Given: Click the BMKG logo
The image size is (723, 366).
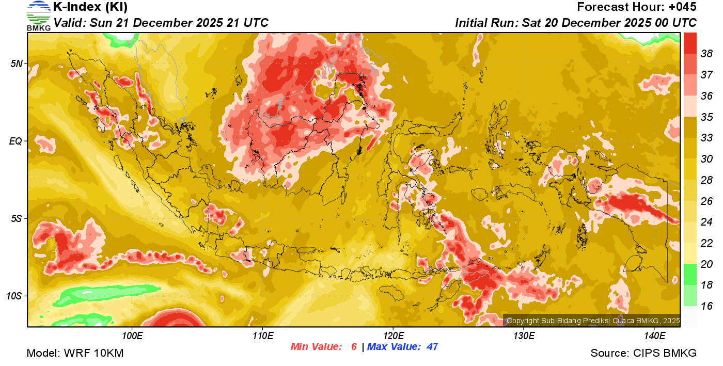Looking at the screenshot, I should click(39, 15).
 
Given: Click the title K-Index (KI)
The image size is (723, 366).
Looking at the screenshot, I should click(90, 7).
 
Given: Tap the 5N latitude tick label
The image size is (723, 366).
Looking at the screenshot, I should click(17, 63).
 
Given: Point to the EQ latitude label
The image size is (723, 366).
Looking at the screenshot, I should click(15, 141).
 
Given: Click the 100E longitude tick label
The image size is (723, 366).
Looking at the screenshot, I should click(132, 336).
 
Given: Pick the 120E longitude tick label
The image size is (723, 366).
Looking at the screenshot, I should click(393, 336).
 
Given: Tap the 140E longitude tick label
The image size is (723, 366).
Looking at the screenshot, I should click(654, 336).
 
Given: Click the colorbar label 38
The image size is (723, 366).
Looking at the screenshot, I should click(706, 54).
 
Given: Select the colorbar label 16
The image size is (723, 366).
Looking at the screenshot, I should click(706, 306).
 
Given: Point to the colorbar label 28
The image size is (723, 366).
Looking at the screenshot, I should click(706, 180).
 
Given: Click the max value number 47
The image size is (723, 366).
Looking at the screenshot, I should click(432, 347).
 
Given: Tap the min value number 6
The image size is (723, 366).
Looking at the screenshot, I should click(354, 347).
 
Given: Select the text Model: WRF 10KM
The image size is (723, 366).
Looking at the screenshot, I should click(75, 354).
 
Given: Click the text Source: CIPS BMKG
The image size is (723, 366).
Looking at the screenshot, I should click(643, 354).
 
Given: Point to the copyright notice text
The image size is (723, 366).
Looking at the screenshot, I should click(593, 321).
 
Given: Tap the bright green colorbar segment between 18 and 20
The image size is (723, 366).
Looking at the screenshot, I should click(690, 274).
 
